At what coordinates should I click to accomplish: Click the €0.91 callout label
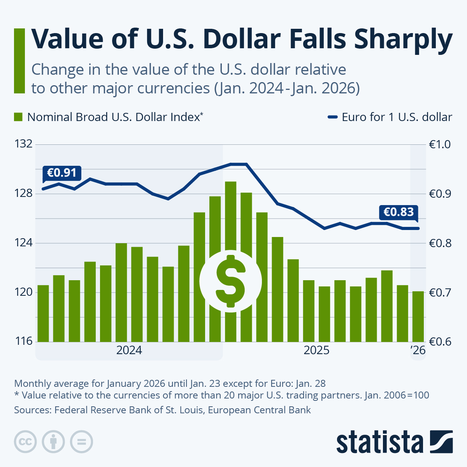click(61, 173)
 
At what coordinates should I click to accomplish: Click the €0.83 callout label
click(399, 212)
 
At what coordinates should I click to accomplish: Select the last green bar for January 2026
click(418, 316)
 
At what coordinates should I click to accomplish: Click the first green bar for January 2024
click(43, 313)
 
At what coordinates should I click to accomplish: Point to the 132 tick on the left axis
click(23, 144)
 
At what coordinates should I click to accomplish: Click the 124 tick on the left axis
click(23, 243)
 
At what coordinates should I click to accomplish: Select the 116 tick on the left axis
click(23, 342)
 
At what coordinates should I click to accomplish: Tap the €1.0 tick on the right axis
click(440, 144)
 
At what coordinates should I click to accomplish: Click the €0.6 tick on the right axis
click(440, 342)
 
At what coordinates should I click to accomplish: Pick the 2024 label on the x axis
click(129, 350)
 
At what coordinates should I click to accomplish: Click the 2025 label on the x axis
click(316, 350)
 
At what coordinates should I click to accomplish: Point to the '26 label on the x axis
click(418, 350)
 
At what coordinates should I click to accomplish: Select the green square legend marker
click(18, 117)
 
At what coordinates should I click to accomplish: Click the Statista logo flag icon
click(441, 442)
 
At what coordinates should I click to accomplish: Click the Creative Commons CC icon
click(25, 442)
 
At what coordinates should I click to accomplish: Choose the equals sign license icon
click(81, 442)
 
